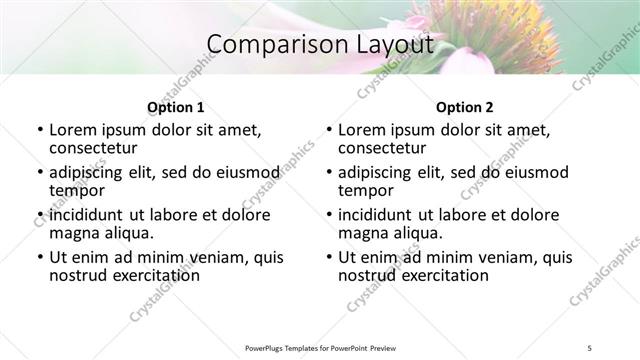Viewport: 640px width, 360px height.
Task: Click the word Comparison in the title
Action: point(265,45)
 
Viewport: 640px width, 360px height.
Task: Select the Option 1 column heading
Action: point(176,107)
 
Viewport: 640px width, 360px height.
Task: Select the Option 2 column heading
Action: point(465,107)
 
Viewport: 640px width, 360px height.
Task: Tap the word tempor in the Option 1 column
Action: point(77,190)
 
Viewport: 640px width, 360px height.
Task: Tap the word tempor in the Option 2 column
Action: point(366,190)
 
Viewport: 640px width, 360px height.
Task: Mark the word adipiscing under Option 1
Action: point(92,172)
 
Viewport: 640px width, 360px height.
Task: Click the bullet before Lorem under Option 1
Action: point(39,130)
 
